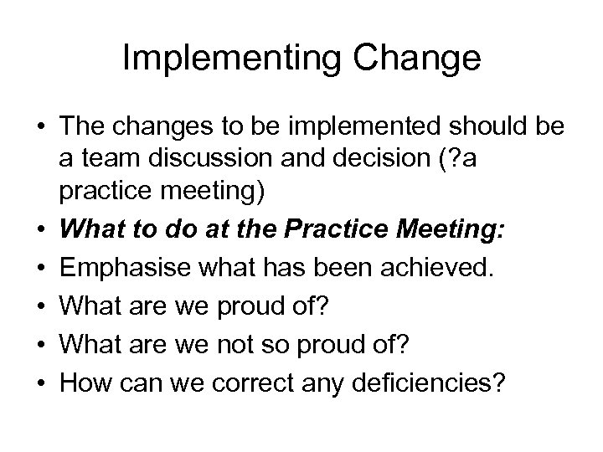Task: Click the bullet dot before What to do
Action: tap(41, 231)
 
